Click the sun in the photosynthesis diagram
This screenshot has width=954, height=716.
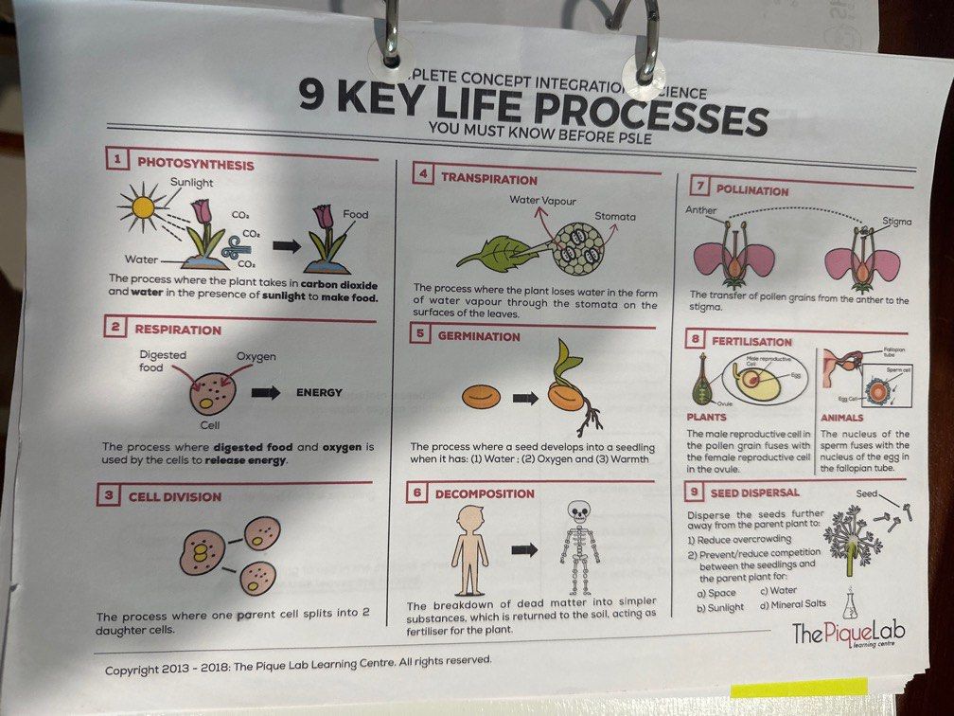click(143, 208)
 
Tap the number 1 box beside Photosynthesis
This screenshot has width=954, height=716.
click(116, 161)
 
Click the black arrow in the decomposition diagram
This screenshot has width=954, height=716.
click(524, 548)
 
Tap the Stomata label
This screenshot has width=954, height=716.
click(615, 217)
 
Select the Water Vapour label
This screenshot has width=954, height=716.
click(542, 200)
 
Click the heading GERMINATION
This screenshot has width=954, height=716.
click(480, 336)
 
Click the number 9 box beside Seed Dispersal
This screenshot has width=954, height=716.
click(695, 492)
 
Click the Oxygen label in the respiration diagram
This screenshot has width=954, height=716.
click(256, 356)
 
